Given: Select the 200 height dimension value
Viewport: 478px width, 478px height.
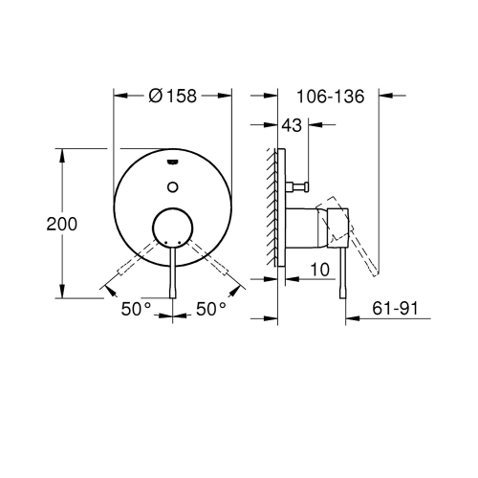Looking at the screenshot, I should pyautogui.click(x=34, y=223).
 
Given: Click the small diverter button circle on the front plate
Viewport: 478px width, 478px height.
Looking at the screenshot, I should pyautogui.click(x=173, y=185).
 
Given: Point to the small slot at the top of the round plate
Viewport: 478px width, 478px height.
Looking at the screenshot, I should pyautogui.click(x=173, y=163).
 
